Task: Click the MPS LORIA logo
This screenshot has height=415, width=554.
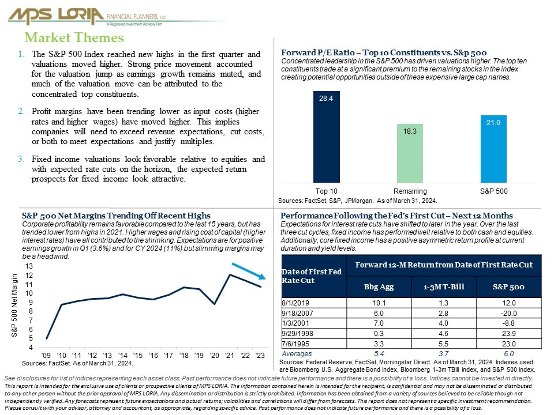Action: point(87,17)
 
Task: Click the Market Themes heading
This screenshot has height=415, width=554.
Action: point(74,37)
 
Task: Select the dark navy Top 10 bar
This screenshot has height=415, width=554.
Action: point(327,137)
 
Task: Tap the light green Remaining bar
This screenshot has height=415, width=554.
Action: point(410,153)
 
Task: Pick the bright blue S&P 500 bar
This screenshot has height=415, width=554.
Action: point(493,149)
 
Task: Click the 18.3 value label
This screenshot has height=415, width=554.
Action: point(410,131)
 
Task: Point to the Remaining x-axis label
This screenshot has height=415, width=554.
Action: point(410,191)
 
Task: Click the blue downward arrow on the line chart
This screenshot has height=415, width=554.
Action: point(249,271)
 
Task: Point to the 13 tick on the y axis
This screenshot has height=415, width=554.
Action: point(29,266)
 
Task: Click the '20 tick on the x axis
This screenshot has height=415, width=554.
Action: point(215,356)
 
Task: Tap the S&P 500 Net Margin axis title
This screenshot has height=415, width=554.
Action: point(14,305)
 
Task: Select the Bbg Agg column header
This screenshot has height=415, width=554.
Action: point(379,287)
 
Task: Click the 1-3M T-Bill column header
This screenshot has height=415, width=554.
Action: point(444,287)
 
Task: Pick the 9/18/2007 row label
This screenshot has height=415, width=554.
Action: point(297,313)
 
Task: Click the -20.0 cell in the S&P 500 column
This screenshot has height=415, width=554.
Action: point(509,313)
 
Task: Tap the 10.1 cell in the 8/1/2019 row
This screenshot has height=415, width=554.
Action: point(379,303)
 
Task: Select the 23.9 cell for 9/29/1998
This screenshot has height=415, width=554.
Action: point(509,334)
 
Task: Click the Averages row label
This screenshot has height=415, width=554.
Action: point(297,353)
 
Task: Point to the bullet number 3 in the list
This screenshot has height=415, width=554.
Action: point(21,159)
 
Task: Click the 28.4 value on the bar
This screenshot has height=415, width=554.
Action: point(326,99)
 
